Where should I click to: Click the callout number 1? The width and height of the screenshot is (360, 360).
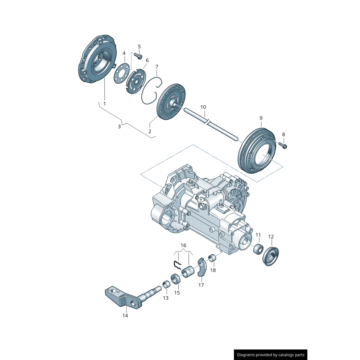pyautogui.click(x=104, y=103)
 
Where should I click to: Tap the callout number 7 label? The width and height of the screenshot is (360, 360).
pyautogui.click(x=157, y=67)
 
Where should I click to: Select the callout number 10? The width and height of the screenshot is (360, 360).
pyautogui.click(x=203, y=107)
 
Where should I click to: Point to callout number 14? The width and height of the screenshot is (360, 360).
pyautogui.click(x=125, y=315)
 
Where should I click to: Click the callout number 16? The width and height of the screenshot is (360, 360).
pyautogui.click(x=183, y=245)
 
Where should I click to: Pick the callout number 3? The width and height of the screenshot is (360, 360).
pyautogui.click(x=119, y=126)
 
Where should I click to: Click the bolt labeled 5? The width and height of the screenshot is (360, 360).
pyautogui.click(x=139, y=57)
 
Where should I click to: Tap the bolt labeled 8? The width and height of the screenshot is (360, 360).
pyautogui.click(x=283, y=145)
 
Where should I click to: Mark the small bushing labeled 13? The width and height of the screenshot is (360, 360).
pyautogui.click(x=166, y=284)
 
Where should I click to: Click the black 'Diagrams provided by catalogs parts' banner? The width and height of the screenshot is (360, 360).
pyautogui.click(x=271, y=355)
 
